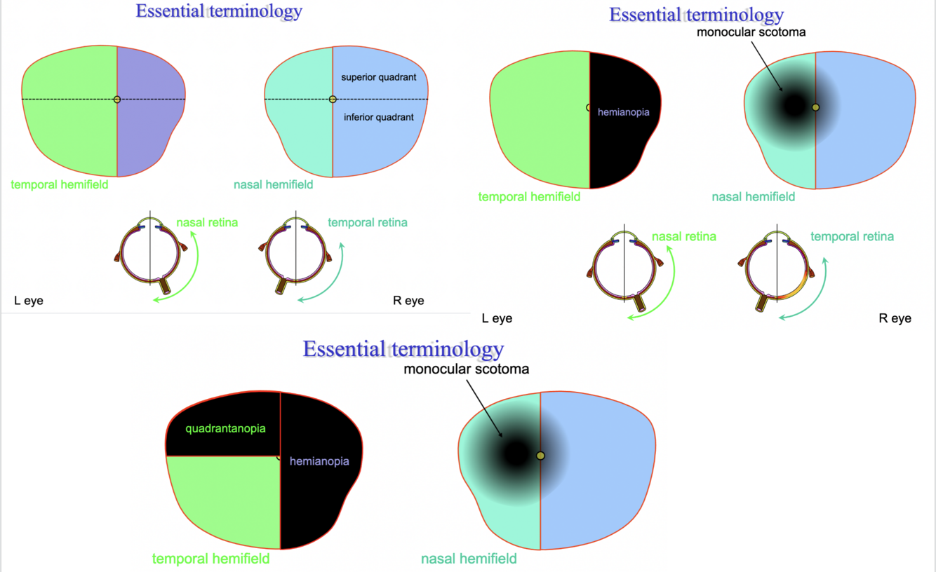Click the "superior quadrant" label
click(379, 76)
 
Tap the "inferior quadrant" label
click(379, 117)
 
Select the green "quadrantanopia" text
click(225, 428)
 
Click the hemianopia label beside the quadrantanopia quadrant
click(319, 462)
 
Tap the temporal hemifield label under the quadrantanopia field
click(210, 559)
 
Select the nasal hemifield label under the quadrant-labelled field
click(274, 185)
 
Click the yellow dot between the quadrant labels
click(333, 100)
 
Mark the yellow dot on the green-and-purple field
click(117, 100)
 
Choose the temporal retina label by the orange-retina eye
click(852, 237)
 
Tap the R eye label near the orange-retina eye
click(895, 318)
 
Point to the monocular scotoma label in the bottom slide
click(466, 369)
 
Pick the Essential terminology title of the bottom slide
click(403, 349)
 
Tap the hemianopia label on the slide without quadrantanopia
click(623, 111)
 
